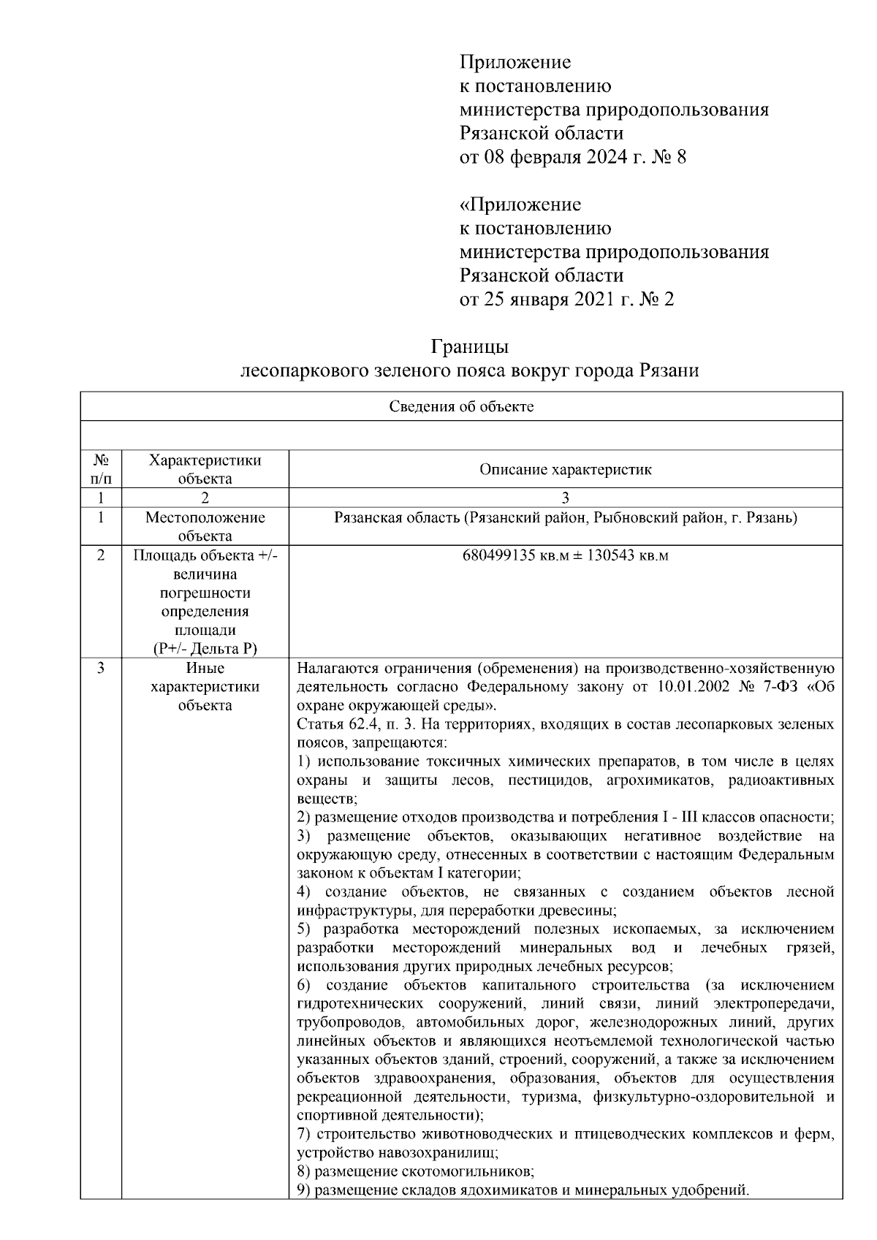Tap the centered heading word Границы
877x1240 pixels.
[469, 346]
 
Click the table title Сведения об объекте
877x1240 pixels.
[460, 407]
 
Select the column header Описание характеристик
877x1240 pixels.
[565, 470]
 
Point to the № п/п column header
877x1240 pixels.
[101, 470]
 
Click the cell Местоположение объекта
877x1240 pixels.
[205, 527]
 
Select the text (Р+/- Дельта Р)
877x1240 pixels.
[205, 649]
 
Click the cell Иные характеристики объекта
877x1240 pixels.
[205, 687]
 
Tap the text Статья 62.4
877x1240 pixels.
[333, 725]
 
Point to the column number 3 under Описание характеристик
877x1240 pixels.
[565, 498]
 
